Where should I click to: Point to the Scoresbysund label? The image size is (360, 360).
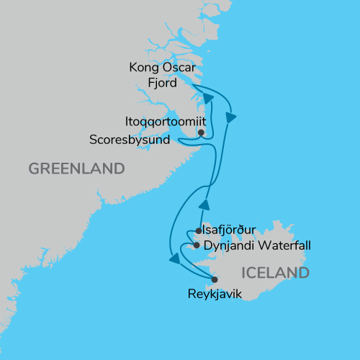(x=129, y=139)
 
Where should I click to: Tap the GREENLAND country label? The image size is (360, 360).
(x=76, y=169)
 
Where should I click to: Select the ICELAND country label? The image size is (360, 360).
(x=276, y=273)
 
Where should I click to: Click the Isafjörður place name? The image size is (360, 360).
(x=235, y=232)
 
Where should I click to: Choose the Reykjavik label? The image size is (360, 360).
(x=213, y=294)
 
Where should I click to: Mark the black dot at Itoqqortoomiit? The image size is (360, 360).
(x=201, y=132)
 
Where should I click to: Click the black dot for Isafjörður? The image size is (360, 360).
(x=199, y=232)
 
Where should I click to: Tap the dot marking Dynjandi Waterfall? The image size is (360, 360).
(x=197, y=246)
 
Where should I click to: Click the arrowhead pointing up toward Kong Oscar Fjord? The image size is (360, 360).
(x=208, y=99)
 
